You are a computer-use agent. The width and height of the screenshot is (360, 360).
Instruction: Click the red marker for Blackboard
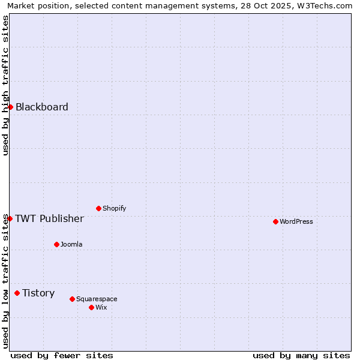pos(10,107)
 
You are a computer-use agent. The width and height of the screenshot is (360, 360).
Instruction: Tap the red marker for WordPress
pos(275,221)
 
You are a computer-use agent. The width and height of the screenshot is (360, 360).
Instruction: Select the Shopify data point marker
pos(98,208)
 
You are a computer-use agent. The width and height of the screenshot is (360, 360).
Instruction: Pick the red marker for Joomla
pos(56,244)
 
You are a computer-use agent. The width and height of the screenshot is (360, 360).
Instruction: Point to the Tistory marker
pos(17,293)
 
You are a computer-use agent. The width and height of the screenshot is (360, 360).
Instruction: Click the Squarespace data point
pos(72,299)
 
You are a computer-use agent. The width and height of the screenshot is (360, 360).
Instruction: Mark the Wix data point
pos(91,307)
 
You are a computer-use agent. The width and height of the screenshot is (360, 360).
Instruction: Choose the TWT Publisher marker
pos(10,218)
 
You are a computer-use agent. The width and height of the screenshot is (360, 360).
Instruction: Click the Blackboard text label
pos(42,107)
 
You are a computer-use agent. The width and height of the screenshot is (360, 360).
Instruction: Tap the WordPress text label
pos(296,221)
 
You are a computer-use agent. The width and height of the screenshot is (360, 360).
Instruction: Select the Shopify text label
pos(115,208)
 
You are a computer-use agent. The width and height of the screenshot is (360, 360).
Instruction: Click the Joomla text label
pos(71,244)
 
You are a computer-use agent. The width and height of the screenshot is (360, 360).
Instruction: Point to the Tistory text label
pos(38,293)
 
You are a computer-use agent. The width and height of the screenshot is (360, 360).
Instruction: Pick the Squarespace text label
pos(97,299)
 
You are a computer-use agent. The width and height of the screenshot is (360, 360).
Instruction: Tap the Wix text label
pos(101,307)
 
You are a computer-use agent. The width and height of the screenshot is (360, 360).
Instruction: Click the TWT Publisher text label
pos(49,218)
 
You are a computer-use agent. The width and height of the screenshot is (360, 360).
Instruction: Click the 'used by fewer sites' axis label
pos(62,355)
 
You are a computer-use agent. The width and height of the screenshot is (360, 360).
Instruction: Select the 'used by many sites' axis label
pos(301,355)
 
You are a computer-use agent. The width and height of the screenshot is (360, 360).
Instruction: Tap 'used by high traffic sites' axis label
pos(6,85)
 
